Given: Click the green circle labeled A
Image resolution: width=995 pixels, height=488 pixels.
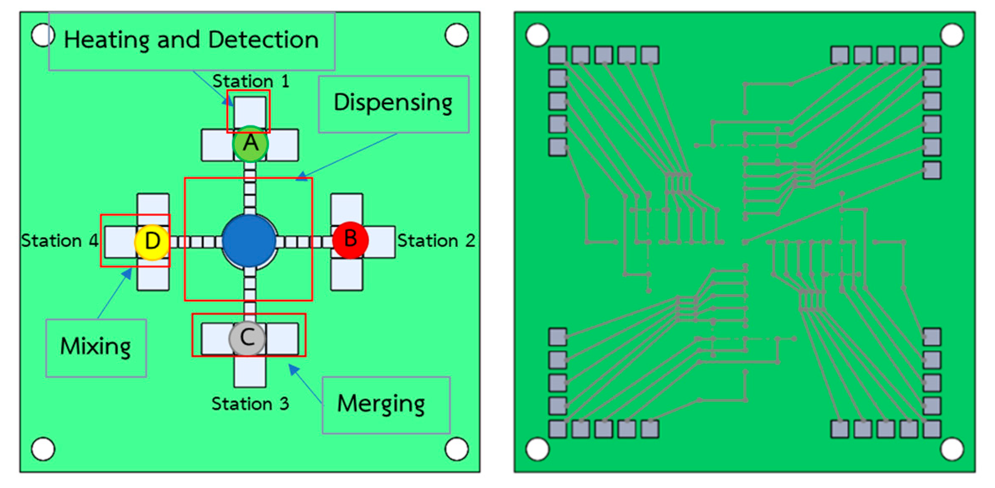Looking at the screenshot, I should [x=250, y=144].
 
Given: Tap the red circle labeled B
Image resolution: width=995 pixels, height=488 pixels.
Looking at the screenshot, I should [x=350, y=240].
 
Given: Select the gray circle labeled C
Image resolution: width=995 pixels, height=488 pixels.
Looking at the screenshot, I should [x=247, y=338].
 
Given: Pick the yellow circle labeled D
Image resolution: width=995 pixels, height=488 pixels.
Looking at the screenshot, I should [x=152, y=241].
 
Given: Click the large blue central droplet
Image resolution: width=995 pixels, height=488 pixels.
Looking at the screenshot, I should [x=249, y=241].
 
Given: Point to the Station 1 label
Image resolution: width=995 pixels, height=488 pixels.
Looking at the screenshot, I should [x=250, y=81].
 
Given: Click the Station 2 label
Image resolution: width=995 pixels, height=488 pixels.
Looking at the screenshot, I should [x=436, y=241].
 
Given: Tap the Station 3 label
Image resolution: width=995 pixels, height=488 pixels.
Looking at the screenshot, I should [x=250, y=404].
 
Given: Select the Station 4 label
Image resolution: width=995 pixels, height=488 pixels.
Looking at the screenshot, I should [x=60, y=241].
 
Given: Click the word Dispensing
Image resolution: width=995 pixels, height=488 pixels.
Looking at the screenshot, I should [x=393, y=103].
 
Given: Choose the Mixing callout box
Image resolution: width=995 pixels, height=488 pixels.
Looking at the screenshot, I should [x=96, y=348].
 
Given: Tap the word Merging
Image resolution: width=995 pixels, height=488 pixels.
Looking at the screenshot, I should [x=381, y=404].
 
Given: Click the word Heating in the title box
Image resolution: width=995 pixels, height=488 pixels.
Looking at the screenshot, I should [x=107, y=40].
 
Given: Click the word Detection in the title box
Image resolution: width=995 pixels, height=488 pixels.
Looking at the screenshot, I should [x=263, y=40].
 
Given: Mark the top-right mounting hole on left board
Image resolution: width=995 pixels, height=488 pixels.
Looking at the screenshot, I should [x=456, y=35].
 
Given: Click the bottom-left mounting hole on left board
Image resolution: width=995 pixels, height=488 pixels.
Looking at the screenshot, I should [x=43, y=449].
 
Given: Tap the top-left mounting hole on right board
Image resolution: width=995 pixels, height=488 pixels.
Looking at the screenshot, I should [x=537, y=35].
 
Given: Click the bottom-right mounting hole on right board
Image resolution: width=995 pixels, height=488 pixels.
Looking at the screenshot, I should [x=952, y=449].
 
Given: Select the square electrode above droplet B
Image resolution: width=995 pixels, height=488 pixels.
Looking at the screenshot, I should [x=346, y=208].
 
